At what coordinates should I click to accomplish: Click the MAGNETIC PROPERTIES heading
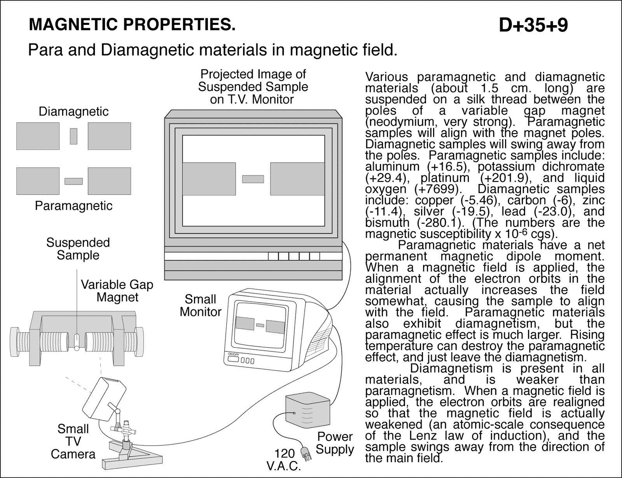[x=132, y=25]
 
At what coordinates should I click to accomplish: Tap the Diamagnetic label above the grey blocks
[x=73, y=112]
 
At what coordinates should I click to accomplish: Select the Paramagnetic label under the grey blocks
[x=73, y=205]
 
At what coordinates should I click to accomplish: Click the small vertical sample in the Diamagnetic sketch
[x=73, y=136]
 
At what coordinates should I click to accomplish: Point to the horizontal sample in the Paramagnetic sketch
[x=73, y=181]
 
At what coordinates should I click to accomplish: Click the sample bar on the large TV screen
[x=253, y=179]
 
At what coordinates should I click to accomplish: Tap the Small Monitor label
[x=201, y=306]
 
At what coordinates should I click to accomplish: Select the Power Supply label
[x=335, y=443]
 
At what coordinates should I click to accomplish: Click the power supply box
[x=308, y=410]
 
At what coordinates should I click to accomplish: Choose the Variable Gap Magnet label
[x=117, y=291]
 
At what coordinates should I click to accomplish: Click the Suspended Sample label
[x=78, y=249]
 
